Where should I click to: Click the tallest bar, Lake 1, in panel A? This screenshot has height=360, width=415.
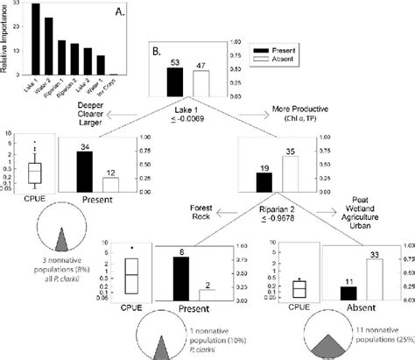[35, 39]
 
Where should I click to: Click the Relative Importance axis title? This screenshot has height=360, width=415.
[6, 39]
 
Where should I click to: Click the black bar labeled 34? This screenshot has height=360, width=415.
[85, 170]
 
